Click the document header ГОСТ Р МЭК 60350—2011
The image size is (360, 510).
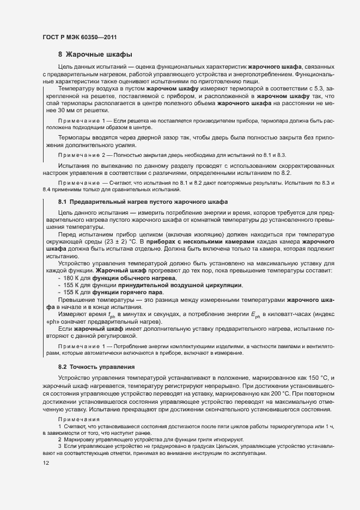click(x=80, y=37)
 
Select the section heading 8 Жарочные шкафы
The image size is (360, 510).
click(x=95, y=54)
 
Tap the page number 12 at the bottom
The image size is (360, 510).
click(x=46, y=463)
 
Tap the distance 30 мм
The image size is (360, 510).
click(x=63, y=110)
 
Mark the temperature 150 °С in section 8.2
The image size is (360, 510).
click(x=320, y=378)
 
